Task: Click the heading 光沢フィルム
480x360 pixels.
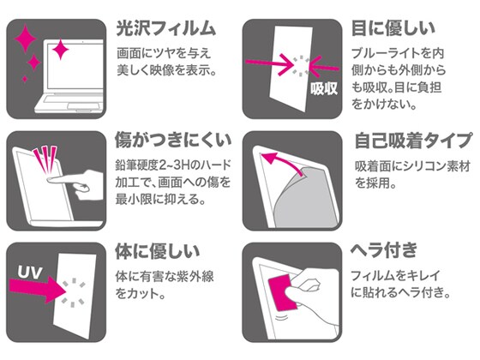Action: [166, 29]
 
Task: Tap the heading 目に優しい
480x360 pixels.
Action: [393, 29]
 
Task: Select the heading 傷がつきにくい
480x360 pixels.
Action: [173, 141]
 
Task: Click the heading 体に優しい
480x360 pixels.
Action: [158, 252]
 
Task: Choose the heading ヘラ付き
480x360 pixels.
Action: [383, 250]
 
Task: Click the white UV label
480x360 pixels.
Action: [30, 273]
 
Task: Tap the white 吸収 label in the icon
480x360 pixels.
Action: [324, 88]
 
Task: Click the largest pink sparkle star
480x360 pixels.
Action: [26, 39]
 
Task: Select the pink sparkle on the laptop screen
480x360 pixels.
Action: [60, 50]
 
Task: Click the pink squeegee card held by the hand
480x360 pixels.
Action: [282, 292]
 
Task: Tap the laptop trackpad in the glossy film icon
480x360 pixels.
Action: [85, 106]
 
